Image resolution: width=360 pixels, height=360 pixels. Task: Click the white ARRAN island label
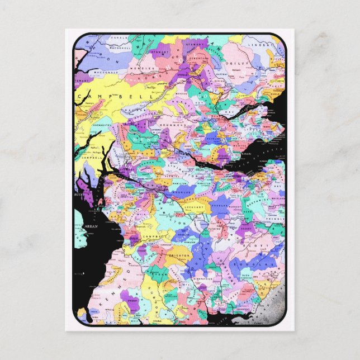click(91, 226)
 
